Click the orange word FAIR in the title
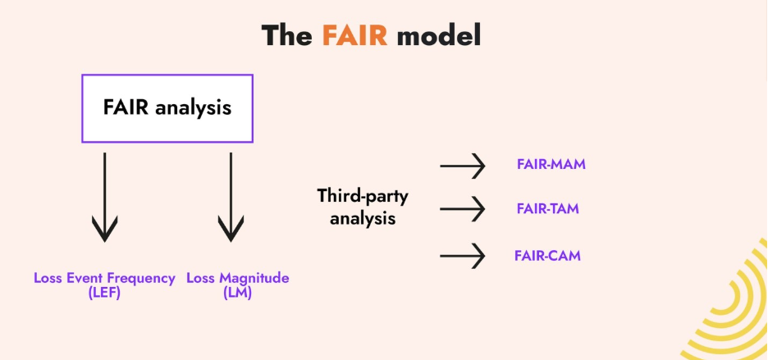click(354, 35)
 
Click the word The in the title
click(287, 35)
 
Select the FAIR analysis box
click(167, 107)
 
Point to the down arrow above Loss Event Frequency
click(104, 197)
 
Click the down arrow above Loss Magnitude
click(230, 197)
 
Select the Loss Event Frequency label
click(104, 278)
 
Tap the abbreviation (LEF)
click(104, 293)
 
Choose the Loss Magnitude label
click(237, 278)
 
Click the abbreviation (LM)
click(237, 293)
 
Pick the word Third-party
click(362, 196)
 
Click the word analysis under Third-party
click(362, 219)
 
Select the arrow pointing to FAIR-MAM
click(463, 166)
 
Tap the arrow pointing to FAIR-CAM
click(463, 256)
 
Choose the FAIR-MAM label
click(551, 164)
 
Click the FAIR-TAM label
click(547, 208)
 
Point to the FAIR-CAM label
click(547, 255)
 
